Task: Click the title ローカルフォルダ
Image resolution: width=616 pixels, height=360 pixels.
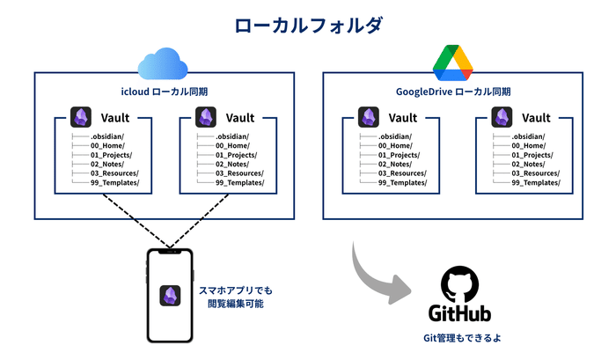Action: (308, 25)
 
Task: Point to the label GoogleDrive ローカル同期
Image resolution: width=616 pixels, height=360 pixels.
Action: (453, 92)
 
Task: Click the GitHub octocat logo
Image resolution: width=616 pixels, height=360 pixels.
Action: (458, 283)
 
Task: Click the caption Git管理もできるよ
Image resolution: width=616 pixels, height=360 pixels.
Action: (458, 338)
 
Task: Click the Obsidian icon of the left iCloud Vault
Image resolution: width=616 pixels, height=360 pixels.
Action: (81, 117)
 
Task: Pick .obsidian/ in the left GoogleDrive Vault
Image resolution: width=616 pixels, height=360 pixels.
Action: (394, 136)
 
